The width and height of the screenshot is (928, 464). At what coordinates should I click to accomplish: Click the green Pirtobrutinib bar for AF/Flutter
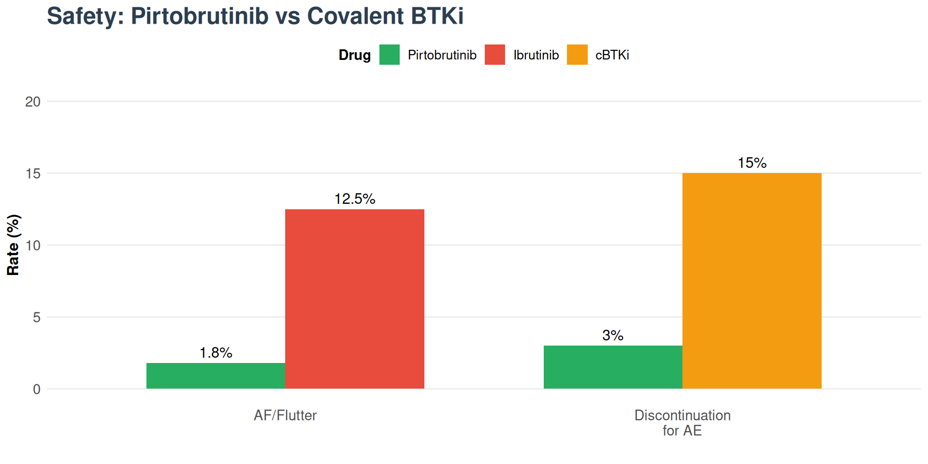[216, 376]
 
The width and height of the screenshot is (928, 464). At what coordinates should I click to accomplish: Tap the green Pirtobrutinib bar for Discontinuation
[613, 367]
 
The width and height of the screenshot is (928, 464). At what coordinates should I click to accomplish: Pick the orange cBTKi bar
[752, 281]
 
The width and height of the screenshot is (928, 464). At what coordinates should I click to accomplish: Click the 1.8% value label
[216, 353]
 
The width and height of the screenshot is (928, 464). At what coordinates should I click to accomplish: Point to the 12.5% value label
[355, 199]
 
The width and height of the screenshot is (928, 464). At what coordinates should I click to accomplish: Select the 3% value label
[612, 335]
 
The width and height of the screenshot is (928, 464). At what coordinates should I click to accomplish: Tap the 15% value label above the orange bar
[752, 163]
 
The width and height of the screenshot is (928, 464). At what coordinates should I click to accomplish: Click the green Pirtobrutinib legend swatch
[389, 55]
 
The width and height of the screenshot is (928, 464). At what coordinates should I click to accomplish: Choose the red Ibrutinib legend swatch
[494, 55]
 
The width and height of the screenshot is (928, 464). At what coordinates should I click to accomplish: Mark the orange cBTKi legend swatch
[577, 55]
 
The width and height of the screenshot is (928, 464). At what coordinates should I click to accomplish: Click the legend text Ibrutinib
[536, 55]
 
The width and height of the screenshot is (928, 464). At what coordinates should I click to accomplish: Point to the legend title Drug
[354, 55]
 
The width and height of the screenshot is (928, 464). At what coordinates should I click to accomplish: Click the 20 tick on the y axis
[33, 101]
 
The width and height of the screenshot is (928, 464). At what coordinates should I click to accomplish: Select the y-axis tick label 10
[33, 246]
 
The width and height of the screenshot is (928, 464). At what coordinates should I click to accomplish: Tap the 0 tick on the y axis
[37, 389]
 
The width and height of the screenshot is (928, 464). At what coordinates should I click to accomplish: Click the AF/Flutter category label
[285, 415]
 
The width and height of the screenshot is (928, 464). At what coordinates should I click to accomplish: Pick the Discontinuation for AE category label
[682, 422]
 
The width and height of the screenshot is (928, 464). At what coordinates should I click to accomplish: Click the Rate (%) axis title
[13, 245]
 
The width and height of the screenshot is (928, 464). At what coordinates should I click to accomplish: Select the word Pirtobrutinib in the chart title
[200, 16]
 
